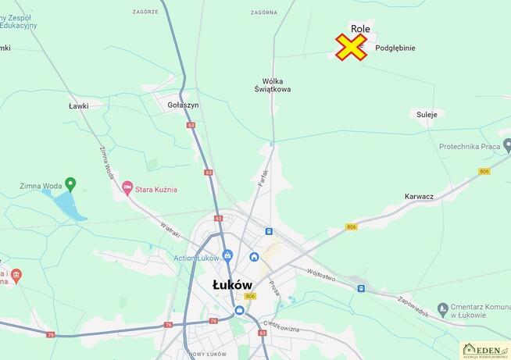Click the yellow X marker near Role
coord(352,47)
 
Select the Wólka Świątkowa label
coord(273,85)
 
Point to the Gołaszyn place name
coord(184,105)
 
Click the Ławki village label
coord(79,105)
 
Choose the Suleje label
coord(427,114)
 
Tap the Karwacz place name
coord(420,196)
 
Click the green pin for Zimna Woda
coord(70,184)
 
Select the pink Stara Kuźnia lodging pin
coord(127,188)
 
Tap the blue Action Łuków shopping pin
coord(227,255)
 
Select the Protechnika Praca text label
coord(469,146)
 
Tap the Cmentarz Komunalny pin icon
coord(442,309)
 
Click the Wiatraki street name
coord(170,230)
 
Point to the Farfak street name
coord(263,177)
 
